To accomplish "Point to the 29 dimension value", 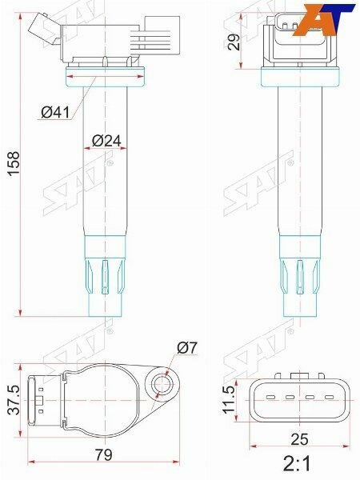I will tap(234, 42).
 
